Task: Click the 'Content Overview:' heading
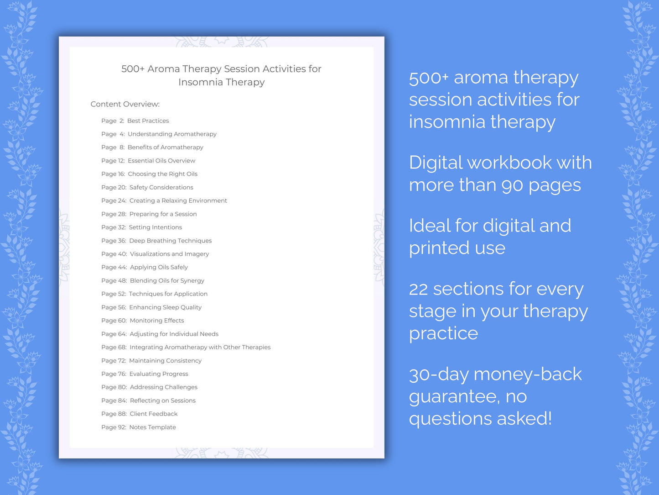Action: (125, 104)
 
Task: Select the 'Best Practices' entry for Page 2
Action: (148, 121)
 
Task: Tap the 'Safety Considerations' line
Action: (161, 187)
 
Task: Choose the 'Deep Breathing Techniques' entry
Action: (170, 241)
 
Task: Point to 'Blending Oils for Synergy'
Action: (167, 280)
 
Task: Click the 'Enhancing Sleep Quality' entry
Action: (165, 307)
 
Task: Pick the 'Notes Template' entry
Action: (152, 427)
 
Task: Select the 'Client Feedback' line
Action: (154, 414)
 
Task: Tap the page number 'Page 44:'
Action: (114, 267)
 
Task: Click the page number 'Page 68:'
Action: (114, 347)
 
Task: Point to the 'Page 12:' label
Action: (113, 161)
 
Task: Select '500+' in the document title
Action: (133, 69)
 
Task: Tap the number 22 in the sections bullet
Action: (418, 289)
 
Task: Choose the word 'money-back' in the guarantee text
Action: (528, 374)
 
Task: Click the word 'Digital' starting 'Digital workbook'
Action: (435, 163)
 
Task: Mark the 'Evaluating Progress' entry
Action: (159, 374)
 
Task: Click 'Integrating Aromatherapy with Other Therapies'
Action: (200, 347)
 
